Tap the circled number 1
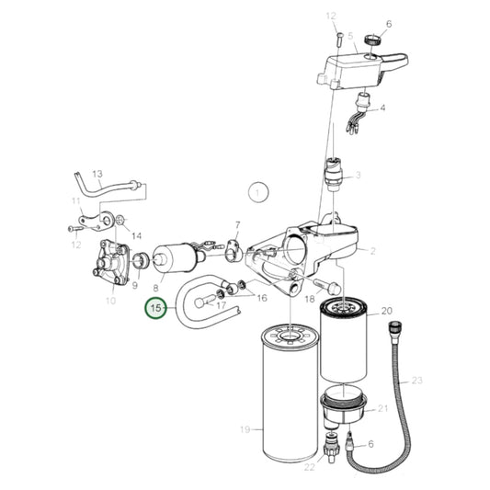260,193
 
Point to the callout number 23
416,380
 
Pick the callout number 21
384,408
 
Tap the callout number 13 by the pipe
97,173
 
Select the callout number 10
110,301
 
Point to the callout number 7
237,225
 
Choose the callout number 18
309,300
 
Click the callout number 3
358,174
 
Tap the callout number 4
382,108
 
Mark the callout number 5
350,35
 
